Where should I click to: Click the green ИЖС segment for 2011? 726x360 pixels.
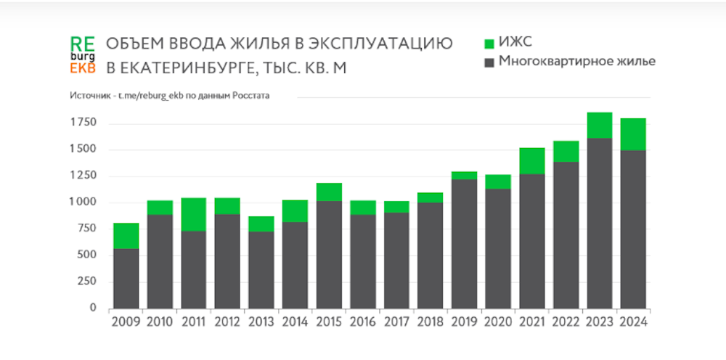193,214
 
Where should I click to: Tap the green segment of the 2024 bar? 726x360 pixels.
633,134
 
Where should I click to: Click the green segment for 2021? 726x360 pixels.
531,160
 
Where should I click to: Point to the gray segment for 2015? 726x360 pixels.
328,254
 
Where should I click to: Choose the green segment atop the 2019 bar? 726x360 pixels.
464,175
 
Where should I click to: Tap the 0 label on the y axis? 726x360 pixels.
93,308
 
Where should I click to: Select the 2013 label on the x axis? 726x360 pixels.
261,321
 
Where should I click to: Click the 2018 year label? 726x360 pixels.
431,321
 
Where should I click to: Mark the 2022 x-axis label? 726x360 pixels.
566,321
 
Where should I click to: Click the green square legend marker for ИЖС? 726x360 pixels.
489,43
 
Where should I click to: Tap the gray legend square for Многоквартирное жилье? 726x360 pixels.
489,62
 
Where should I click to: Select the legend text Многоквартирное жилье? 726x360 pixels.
577,62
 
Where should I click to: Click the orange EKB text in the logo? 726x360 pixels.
83,68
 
